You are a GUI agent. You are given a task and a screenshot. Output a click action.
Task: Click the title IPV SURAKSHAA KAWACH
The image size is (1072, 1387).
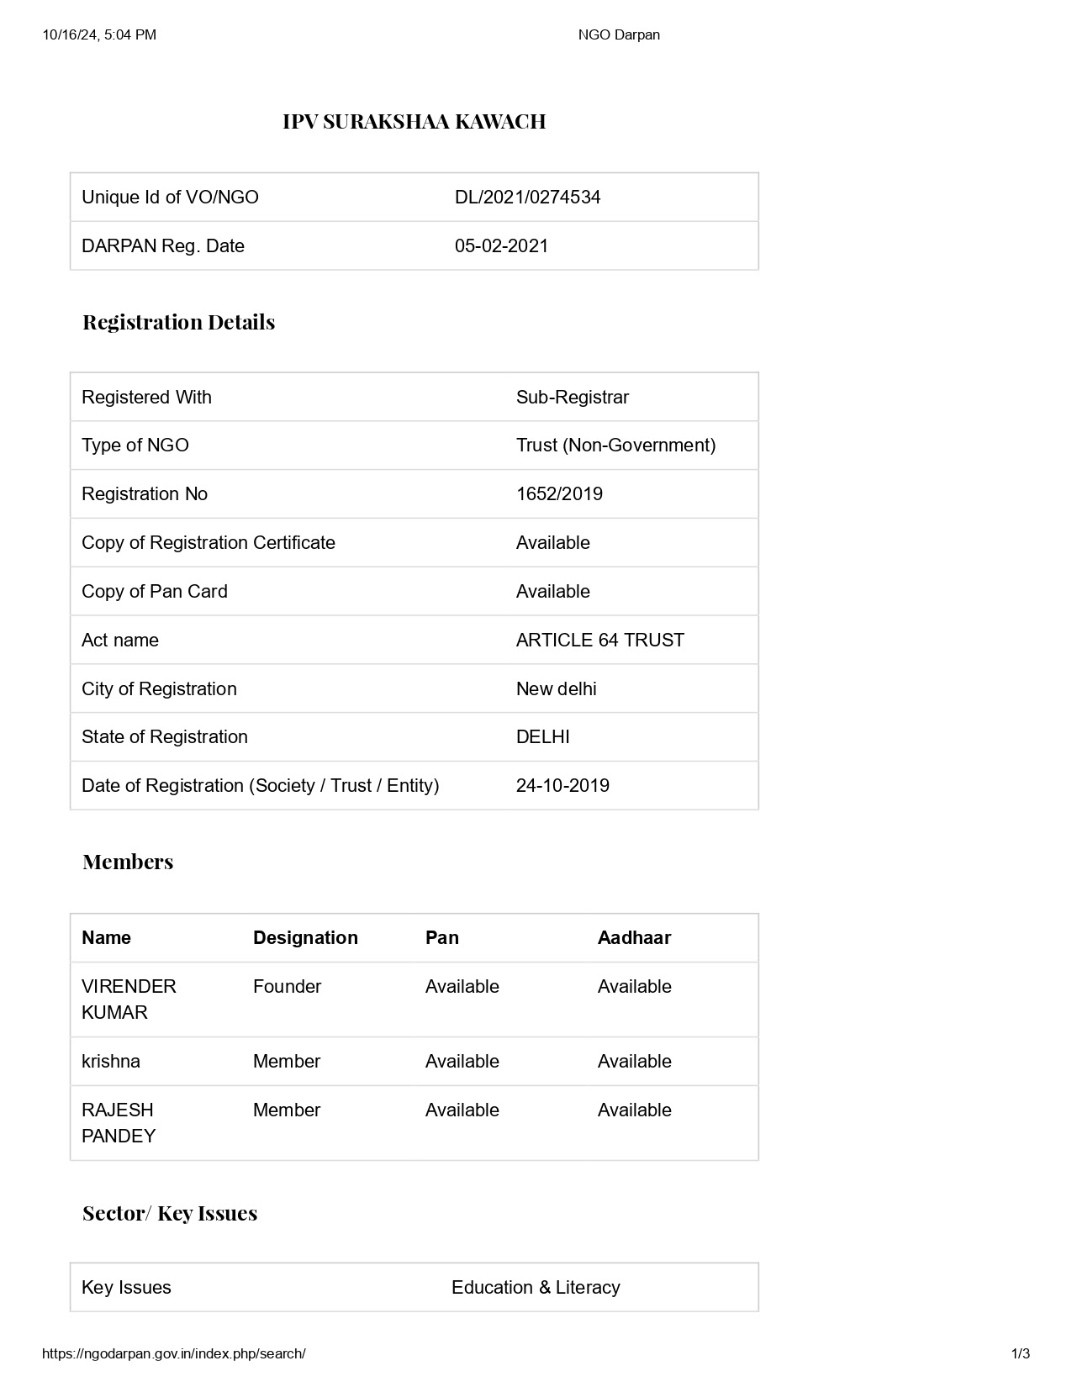coord(414,122)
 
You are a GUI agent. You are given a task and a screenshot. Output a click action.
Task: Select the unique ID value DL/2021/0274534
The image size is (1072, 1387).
coord(527,198)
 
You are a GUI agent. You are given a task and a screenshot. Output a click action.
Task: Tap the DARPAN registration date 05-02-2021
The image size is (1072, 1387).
coord(501,246)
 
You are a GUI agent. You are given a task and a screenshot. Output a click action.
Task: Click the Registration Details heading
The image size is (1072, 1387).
coord(178,322)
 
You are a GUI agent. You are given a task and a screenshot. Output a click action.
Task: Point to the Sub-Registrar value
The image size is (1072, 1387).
coord(572,398)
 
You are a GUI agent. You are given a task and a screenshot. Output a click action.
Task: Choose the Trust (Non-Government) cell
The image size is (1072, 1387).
coord(615,446)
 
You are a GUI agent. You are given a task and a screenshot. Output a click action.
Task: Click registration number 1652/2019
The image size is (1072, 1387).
coord(559,494)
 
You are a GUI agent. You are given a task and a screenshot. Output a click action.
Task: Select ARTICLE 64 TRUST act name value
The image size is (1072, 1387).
coord(599,641)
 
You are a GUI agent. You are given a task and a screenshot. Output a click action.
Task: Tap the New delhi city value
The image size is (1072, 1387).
coord(556,689)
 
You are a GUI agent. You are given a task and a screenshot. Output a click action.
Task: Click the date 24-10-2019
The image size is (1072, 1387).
coord(562,786)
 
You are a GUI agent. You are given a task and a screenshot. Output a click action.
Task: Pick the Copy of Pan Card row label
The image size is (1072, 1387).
coord(155,592)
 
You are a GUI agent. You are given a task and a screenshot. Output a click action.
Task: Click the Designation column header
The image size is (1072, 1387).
coord(305,938)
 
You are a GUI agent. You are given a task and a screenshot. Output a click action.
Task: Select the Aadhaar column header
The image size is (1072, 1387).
coord(634,938)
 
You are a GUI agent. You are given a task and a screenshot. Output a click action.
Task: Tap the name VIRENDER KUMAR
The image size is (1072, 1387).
coord(129,999)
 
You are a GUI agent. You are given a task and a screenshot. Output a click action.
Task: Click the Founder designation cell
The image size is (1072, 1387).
coord(287,987)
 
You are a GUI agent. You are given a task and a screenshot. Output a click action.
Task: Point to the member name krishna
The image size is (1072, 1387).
coord(111,1062)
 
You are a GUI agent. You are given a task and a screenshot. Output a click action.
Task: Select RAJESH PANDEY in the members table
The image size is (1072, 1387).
coord(119,1123)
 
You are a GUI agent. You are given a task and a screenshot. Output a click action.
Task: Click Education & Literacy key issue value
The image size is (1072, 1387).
coord(536,1288)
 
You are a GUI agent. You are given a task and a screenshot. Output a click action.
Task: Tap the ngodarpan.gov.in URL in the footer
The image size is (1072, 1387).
coord(173,1354)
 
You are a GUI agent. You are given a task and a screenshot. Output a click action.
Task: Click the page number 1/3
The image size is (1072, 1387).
coord(1020,1354)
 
